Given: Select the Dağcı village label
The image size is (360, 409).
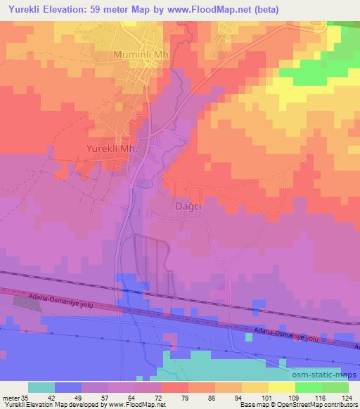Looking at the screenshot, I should point(187,207).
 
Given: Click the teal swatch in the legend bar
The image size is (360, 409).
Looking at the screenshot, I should point(41,387).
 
